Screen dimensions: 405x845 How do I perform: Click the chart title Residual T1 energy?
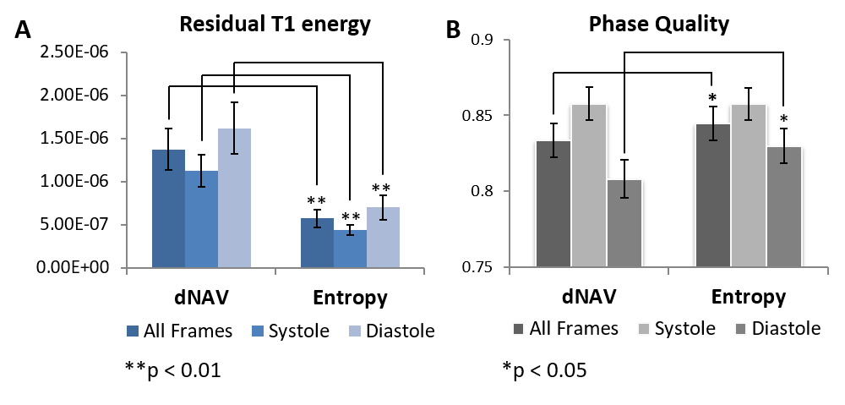[x=275, y=25]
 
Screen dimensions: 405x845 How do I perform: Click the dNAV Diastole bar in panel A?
[x=234, y=199]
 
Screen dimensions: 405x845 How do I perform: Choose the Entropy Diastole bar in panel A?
[x=383, y=238]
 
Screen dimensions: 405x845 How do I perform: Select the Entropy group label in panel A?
[x=350, y=298]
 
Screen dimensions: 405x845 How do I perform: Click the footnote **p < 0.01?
[x=172, y=369]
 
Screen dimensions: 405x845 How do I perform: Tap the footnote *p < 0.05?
[x=544, y=369]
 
